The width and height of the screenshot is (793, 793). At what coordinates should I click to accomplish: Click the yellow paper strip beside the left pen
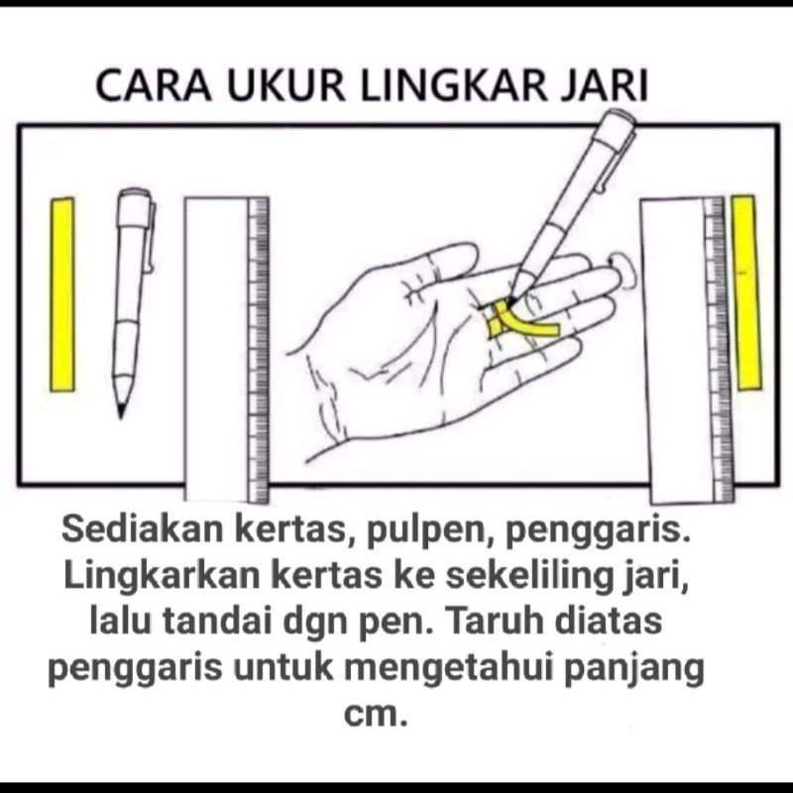click(62, 293)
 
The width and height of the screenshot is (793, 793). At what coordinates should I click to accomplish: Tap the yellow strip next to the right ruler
click(745, 291)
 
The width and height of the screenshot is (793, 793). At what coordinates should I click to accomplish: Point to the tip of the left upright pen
click(122, 409)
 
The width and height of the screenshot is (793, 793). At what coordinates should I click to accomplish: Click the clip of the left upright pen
click(150, 238)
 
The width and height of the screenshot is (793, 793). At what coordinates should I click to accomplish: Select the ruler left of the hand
click(226, 347)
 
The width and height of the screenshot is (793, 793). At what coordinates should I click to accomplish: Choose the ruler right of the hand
click(684, 347)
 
